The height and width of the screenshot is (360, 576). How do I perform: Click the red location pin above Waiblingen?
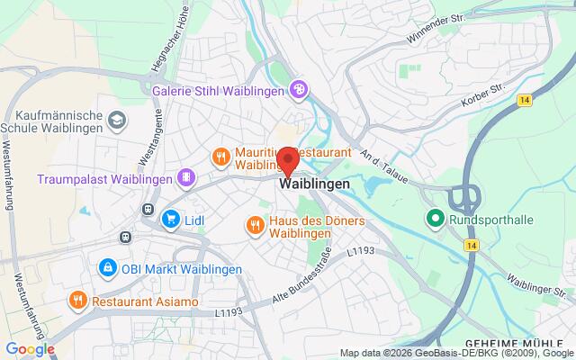click(288, 162)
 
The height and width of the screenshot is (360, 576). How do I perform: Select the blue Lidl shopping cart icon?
click(170, 218)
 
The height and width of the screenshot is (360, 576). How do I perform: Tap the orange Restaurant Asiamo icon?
click(79, 301)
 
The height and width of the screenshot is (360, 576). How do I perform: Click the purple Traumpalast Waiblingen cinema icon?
click(185, 177)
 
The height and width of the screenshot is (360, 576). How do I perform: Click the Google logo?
click(30, 349)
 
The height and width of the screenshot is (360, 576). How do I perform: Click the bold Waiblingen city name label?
click(315, 184)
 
